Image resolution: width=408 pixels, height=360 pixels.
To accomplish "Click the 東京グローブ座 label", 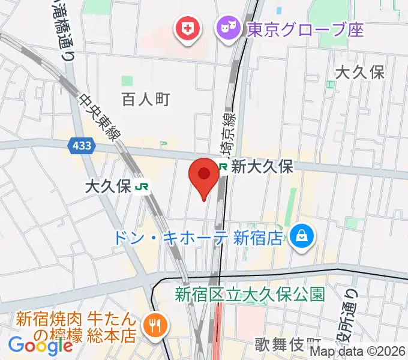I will pos(305,28).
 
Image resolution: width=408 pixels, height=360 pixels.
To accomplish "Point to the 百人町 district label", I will pos(146,99).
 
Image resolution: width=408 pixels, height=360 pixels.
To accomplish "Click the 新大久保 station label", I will pos(262,167).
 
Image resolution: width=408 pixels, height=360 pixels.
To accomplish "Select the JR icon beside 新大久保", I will pos(223,167).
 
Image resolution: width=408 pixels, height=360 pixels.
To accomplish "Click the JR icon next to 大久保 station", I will pos(143,187).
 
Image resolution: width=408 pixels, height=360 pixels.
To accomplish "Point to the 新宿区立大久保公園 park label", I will pos(250,295).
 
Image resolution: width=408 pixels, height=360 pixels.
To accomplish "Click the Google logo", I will pos(40,346).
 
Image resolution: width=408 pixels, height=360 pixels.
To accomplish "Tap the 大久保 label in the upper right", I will pos(359,73).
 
